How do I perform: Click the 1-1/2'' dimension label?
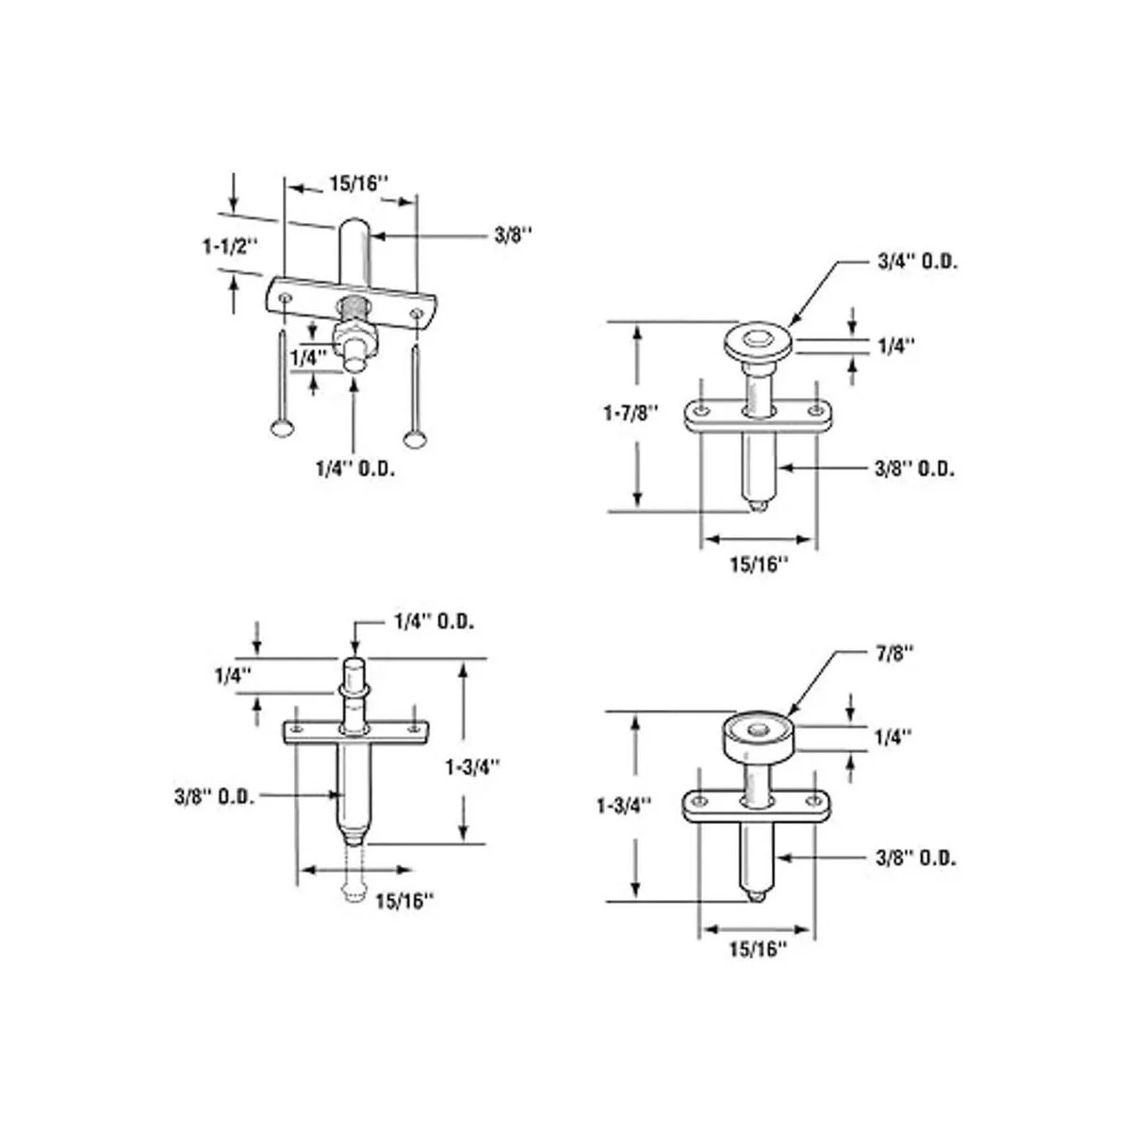pos(231,247)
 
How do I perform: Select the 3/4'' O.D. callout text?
pos(917,262)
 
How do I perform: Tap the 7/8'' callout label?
pos(895,653)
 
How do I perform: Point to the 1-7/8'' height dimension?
pos(631,414)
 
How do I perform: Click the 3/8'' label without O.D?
pos(513,237)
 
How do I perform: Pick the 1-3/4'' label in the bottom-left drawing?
pos(473,767)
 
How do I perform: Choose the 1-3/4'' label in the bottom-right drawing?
pos(625,806)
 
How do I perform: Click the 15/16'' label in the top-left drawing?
pos(358,183)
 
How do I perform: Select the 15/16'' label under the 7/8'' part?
pos(757,948)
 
